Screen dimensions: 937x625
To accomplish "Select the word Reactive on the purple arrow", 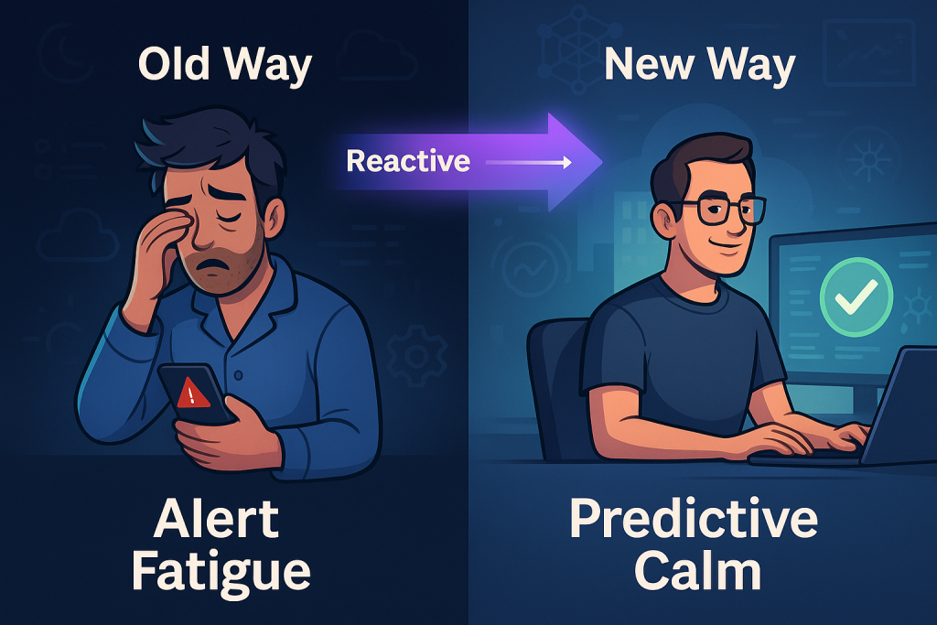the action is pos(408,161).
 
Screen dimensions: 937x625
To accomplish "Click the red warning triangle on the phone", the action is pos(192,393).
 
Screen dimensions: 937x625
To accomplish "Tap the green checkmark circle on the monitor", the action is pos(856,297).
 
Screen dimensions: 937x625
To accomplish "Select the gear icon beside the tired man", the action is pos(416,355).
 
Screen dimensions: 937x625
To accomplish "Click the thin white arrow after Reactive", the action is pos(528,162).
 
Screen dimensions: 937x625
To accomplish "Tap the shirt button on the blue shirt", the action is pos(239,375).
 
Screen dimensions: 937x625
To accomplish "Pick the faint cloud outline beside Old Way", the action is pos(375,55).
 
